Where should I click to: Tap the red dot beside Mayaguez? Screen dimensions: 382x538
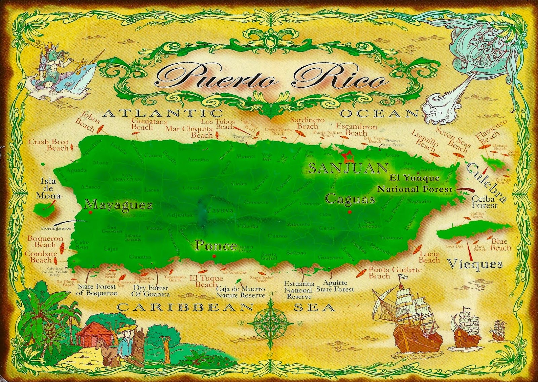tap(90, 213)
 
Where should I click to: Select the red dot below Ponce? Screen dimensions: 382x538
tap(214, 256)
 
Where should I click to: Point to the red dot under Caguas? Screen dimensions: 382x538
tap(350, 212)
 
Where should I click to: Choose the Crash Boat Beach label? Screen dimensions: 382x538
tap(48, 145)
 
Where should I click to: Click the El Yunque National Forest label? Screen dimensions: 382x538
tap(415, 183)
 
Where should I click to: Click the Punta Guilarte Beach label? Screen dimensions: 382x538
tap(395, 273)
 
